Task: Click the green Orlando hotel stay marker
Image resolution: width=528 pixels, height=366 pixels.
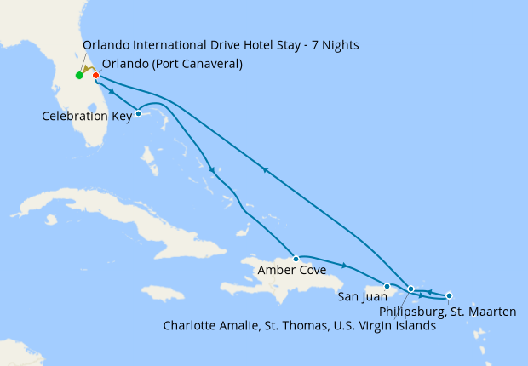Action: [79, 76]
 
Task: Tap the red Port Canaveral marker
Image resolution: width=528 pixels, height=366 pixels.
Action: [95, 76]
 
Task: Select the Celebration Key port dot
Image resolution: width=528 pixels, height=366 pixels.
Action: [138, 113]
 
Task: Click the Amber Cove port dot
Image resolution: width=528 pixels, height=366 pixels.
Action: [296, 258]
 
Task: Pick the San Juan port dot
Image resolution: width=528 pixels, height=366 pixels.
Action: [387, 286]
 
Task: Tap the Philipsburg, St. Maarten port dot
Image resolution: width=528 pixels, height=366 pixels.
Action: [449, 295]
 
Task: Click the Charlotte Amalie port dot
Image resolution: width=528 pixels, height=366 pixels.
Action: [411, 289]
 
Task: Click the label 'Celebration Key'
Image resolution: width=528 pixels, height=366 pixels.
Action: [87, 116]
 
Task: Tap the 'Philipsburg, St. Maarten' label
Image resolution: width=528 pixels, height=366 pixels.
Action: [447, 312]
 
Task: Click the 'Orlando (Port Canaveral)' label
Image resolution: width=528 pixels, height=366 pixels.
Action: [171, 64]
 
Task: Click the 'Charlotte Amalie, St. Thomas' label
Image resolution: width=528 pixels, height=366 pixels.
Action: [299, 326]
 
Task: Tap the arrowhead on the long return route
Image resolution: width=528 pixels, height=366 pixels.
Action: [267, 170]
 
